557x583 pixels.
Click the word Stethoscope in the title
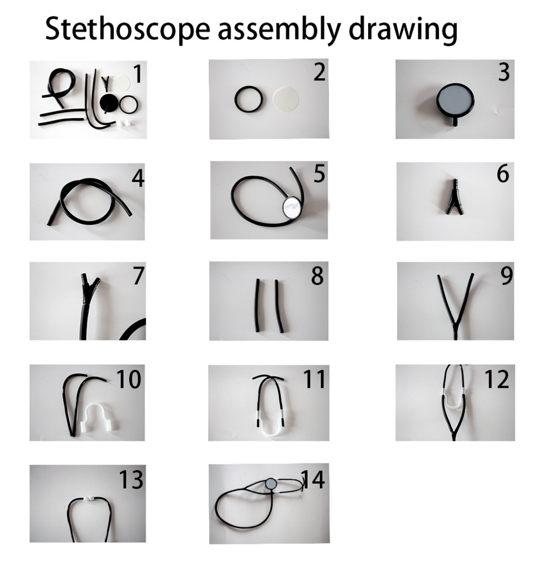pyautogui.click(x=128, y=29)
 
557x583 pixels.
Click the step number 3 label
pyautogui.click(x=504, y=72)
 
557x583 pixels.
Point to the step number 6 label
pyautogui.click(x=503, y=174)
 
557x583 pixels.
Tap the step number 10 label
pyautogui.click(x=129, y=379)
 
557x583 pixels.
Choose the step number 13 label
pyautogui.click(x=131, y=480)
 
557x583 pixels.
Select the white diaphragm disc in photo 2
pyautogui.click(x=286, y=98)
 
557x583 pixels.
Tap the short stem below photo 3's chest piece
pyautogui.click(x=456, y=122)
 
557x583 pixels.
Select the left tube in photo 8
pyautogui.click(x=257, y=305)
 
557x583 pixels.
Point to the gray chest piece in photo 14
pyautogui.click(x=271, y=483)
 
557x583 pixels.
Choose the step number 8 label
pyautogui.click(x=317, y=276)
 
